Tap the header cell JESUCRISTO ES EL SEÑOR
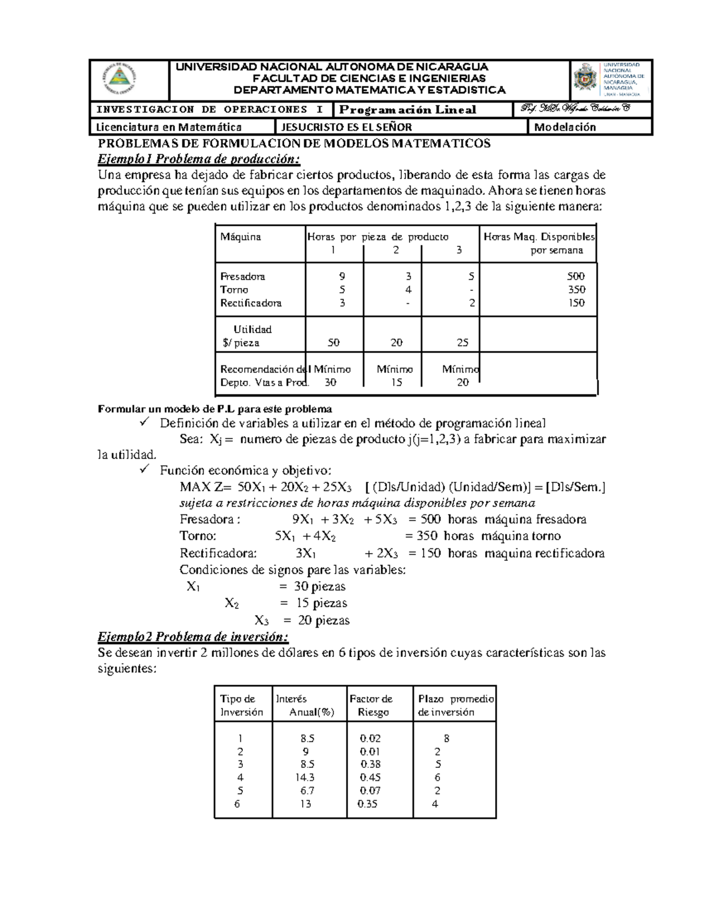[x=347, y=127]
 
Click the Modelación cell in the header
[x=564, y=127]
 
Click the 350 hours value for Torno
[x=576, y=290]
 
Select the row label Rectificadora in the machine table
[x=251, y=303]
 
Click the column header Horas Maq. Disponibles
[x=539, y=238]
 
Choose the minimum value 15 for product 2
[x=397, y=382]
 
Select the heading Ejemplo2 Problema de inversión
[x=193, y=637]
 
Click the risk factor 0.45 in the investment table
[x=370, y=778]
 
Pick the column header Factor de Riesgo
[x=371, y=706]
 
